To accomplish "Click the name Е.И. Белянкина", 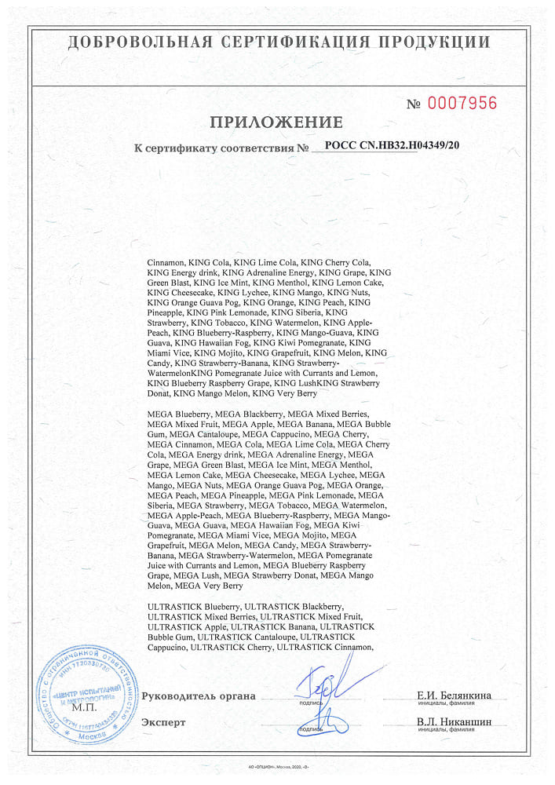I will (x=455, y=695).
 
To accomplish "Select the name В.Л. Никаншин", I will (x=454, y=721).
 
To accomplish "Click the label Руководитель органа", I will (x=199, y=696).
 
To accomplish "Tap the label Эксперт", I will (x=163, y=722).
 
